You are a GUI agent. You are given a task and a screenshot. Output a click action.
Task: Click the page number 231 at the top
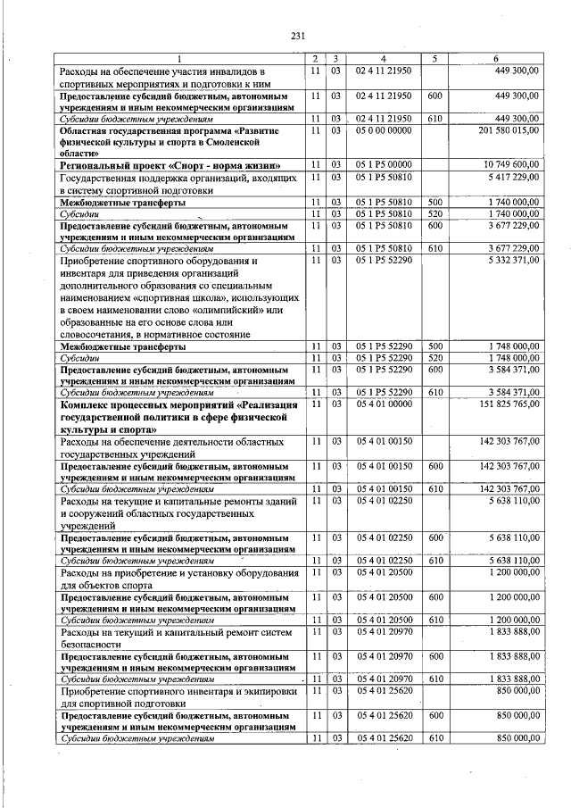[298, 37]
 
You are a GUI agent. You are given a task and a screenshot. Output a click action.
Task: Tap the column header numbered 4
[383, 59]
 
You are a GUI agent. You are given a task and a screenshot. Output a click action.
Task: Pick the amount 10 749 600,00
[512, 166]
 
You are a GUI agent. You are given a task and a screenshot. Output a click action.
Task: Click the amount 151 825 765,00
[509, 404]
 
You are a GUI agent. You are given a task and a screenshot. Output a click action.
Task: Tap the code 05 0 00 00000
[383, 130]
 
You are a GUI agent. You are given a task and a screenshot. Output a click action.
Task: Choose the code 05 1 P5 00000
[383, 166]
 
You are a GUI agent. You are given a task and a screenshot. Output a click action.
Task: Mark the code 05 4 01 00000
[383, 404]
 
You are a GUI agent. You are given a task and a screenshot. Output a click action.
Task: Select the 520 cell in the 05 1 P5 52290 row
[435, 356]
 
